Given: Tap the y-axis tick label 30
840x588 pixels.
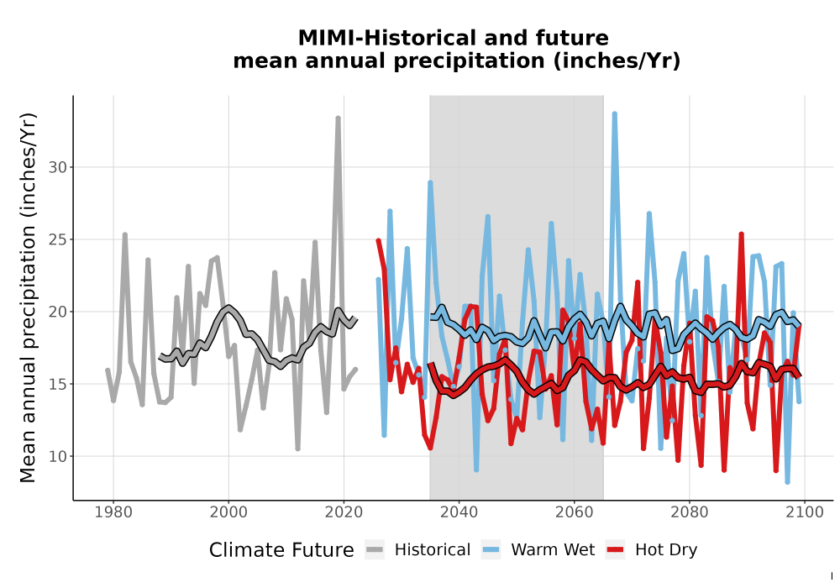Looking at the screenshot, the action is (58, 168).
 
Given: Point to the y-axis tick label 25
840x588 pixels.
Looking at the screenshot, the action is (58, 240).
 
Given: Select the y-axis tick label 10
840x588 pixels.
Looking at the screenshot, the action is (58, 457).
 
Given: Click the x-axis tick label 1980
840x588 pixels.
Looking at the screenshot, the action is (113, 512).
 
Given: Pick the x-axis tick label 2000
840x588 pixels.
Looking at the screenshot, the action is (228, 512).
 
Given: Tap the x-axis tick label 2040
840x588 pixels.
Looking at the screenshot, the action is (459, 512).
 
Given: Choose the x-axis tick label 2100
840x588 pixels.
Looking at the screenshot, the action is (805, 512).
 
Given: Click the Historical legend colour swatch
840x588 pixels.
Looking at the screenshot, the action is (375, 550).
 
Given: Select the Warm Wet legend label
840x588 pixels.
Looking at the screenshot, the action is (553, 550).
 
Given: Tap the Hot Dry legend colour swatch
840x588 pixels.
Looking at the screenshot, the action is (616, 550).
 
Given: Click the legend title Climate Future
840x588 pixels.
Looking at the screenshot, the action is (281, 550).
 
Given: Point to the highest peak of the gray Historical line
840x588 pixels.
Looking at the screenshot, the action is (338, 118).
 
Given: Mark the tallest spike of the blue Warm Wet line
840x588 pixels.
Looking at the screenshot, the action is (615, 114).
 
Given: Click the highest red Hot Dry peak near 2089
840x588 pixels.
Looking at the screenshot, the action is (742, 234).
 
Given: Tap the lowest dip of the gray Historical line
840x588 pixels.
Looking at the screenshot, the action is (297, 449).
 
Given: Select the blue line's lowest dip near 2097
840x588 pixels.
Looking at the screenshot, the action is (788, 482).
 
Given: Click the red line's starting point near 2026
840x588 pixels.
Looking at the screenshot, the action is (378, 242).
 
